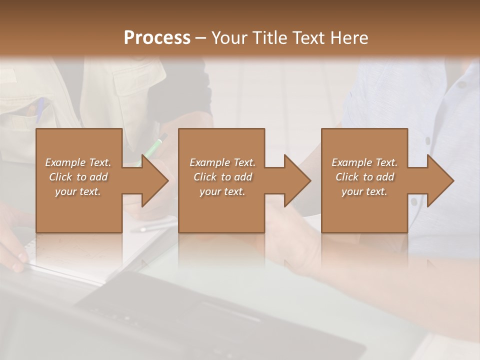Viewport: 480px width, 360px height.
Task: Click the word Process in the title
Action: pos(157,38)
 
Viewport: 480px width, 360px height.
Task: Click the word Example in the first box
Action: pos(65,162)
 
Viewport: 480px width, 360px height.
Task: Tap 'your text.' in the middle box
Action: pos(222,191)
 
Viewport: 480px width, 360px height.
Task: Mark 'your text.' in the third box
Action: pos(364,191)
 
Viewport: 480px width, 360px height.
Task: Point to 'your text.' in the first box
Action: pos(77,191)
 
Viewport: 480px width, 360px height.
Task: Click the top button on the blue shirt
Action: pos(461,84)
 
